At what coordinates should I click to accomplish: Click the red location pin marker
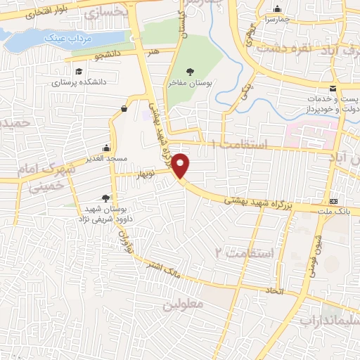(x=181, y=165)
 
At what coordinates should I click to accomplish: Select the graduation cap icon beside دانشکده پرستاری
(x=79, y=71)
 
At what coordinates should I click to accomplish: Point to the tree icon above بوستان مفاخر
(x=190, y=71)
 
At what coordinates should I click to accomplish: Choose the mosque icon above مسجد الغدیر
(x=106, y=148)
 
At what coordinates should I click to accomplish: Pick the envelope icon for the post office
(x=333, y=88)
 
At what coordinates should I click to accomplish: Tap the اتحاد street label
(x=271, y=290)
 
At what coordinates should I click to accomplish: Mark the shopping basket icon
(x=124, y=108)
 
